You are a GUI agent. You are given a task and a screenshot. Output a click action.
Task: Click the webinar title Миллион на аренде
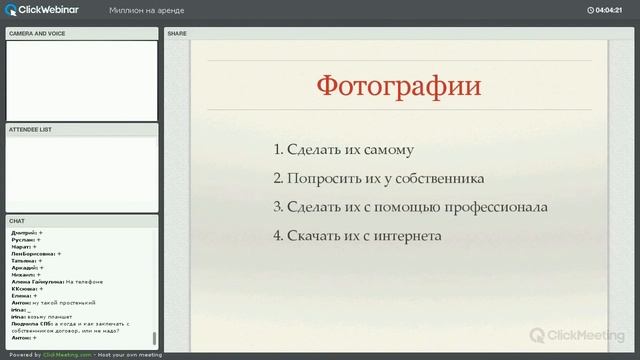(146, 10)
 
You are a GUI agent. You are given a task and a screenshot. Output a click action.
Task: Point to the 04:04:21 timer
(609, 10)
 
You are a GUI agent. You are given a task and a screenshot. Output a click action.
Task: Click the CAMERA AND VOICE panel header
(37, 33)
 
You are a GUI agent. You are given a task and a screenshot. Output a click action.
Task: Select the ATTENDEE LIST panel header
(30, 130)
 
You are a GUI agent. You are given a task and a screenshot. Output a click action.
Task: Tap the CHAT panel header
(17, 220)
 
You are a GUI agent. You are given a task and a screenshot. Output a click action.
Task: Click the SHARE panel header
(177, 33)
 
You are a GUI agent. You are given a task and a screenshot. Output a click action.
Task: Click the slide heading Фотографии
(398, 85)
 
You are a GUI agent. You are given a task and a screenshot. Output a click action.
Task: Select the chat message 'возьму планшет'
(52, 316)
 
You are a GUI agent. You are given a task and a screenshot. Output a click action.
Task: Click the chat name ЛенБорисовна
(31, 254)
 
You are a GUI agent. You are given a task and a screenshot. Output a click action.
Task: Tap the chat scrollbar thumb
(154, 339)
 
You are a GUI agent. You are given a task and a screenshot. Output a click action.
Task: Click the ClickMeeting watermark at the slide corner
(575, 336)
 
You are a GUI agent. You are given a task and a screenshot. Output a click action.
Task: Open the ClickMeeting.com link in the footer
(59, 355)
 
